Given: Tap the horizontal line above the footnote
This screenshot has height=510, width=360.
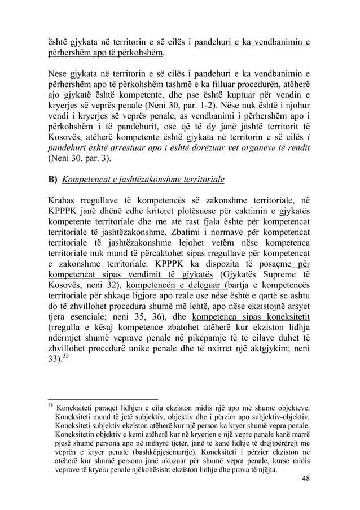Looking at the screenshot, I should (x=102, y=396).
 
